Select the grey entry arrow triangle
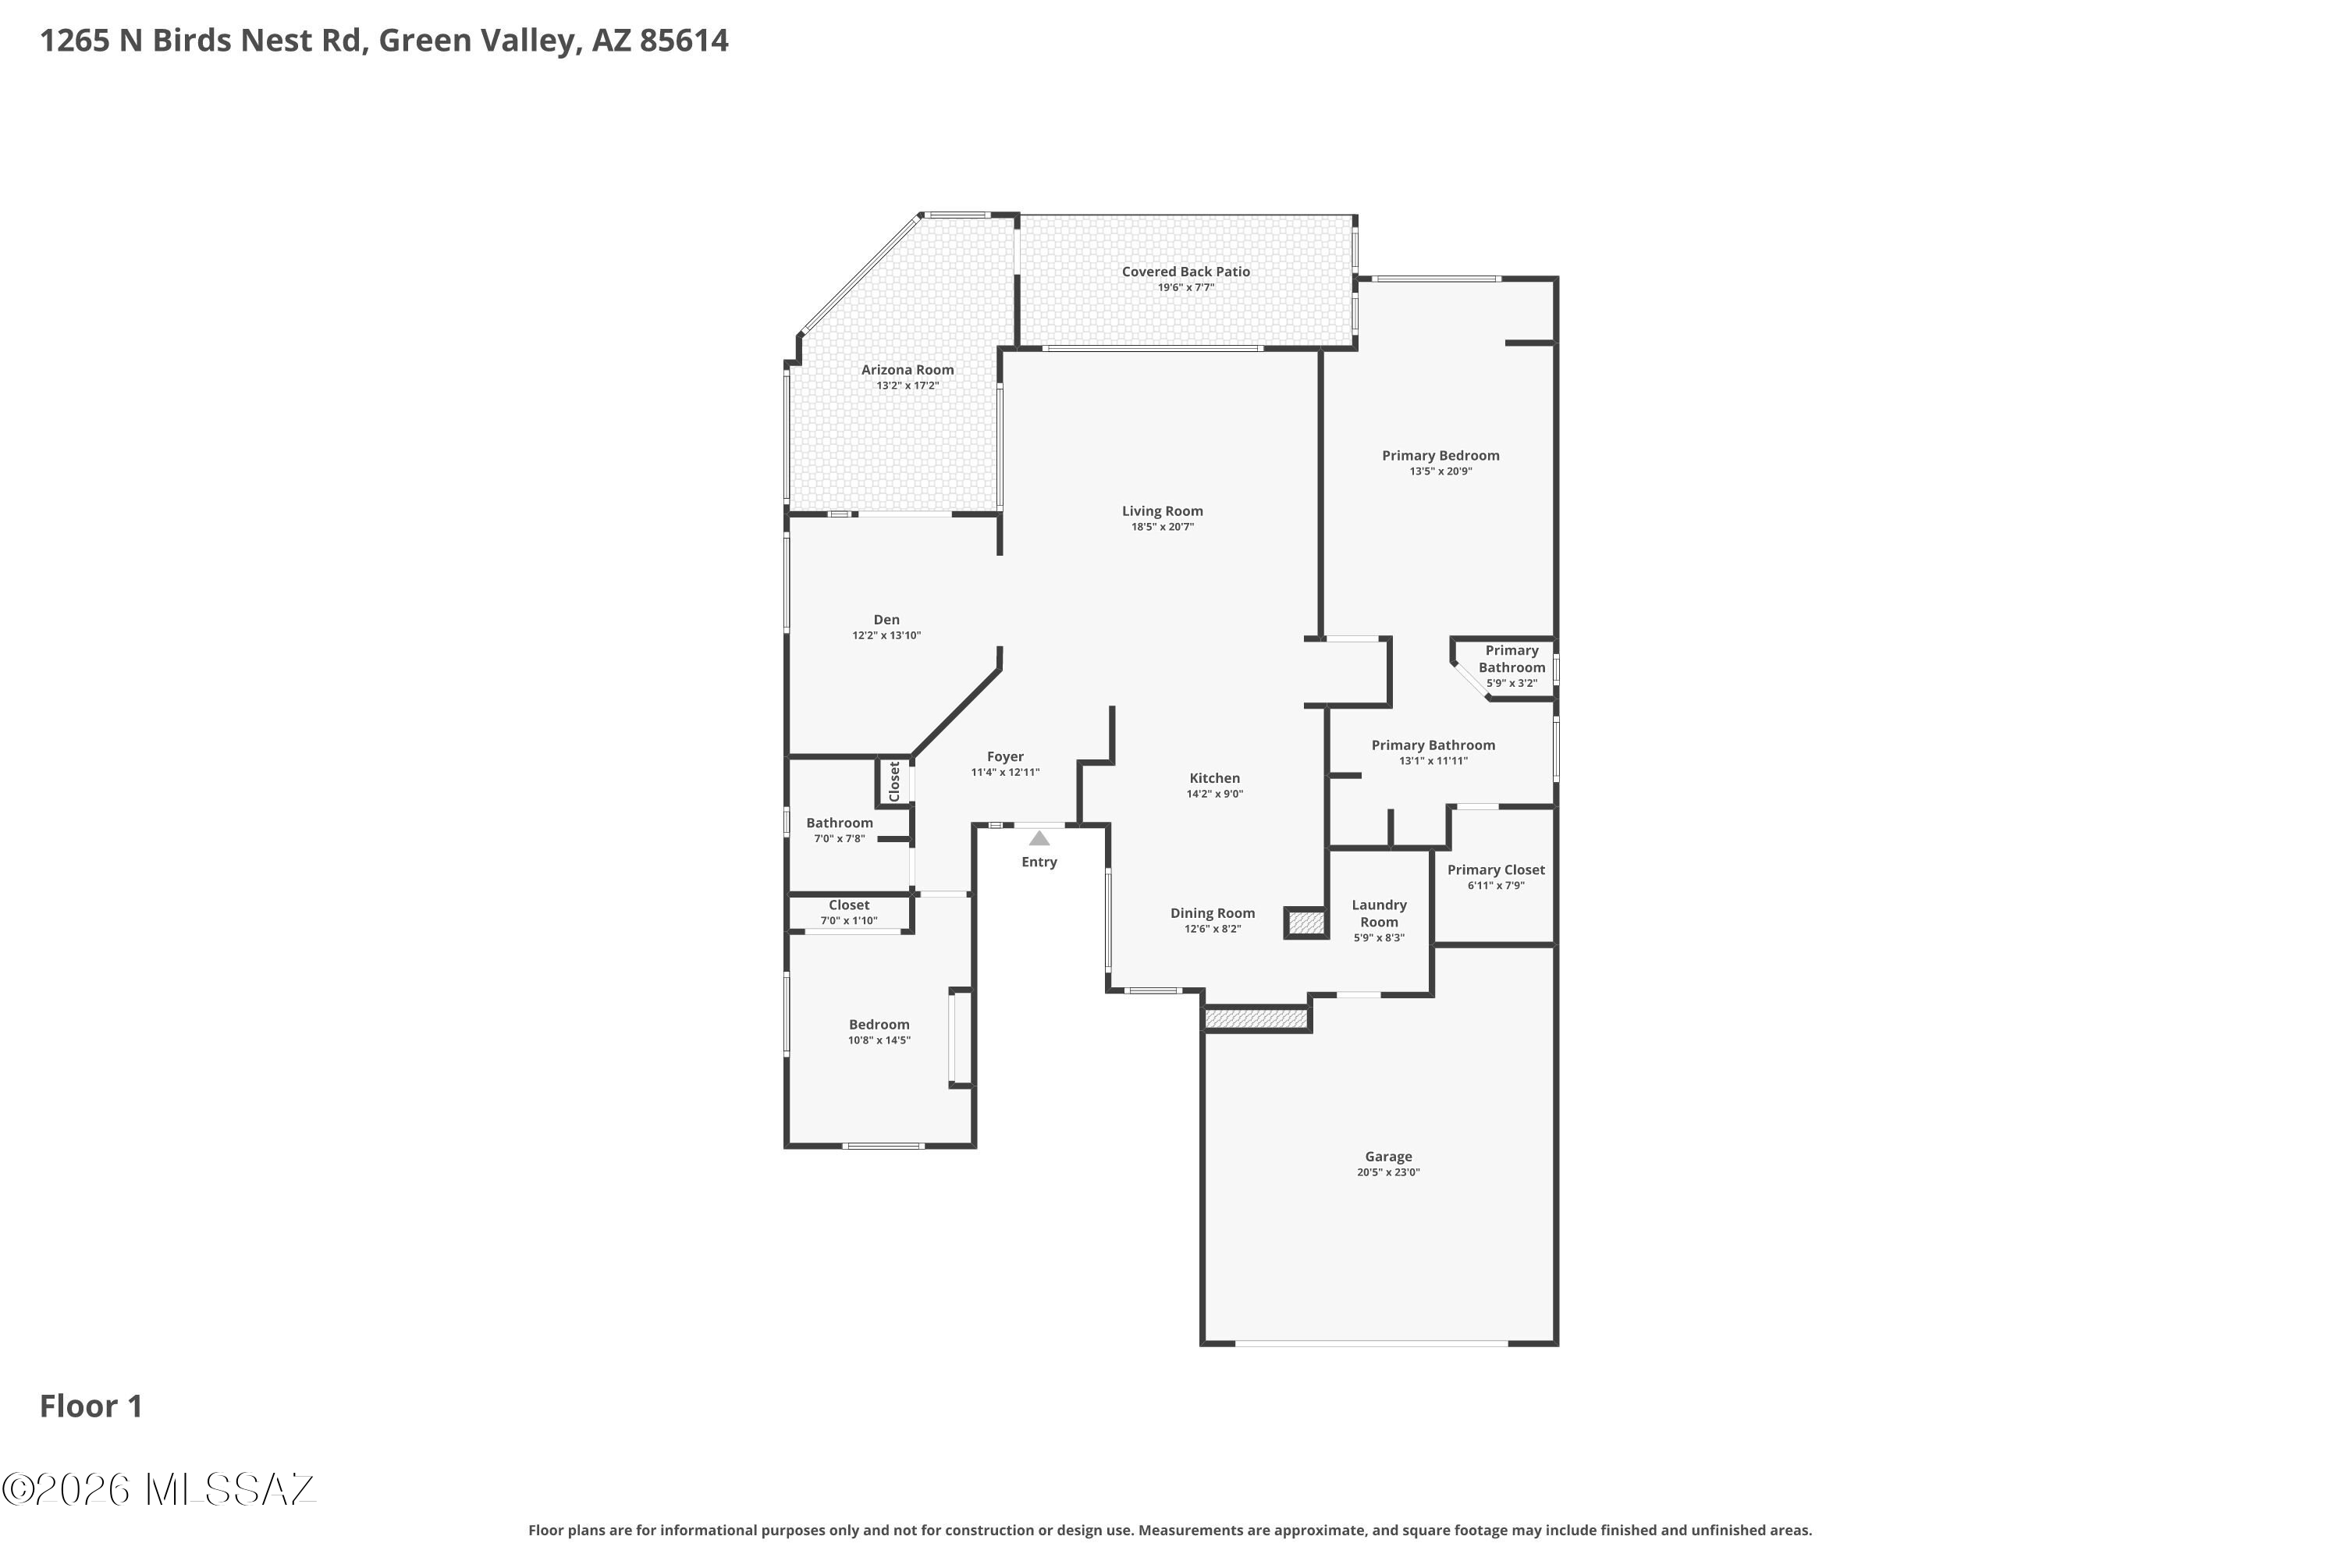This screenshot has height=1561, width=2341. point(1039,838)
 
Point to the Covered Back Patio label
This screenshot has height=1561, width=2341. point(1185,272)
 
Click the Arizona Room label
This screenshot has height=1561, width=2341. point(908,370)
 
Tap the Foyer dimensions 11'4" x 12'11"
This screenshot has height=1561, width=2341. point(1005,773)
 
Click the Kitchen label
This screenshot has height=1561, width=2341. point(1215,778)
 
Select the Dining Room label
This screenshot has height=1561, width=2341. point(1213,914)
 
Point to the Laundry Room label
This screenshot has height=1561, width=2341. point(1380,914)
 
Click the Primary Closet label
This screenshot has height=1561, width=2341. point(1496,870)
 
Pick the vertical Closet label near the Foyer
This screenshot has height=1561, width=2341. point(893,781)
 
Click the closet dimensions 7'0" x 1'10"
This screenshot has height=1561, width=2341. point(849,921)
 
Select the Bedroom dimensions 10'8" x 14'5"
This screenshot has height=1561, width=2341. point(879,1040)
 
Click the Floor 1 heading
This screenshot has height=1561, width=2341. point(91,1406)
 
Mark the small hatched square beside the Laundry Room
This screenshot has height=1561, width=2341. point(1307,923)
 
